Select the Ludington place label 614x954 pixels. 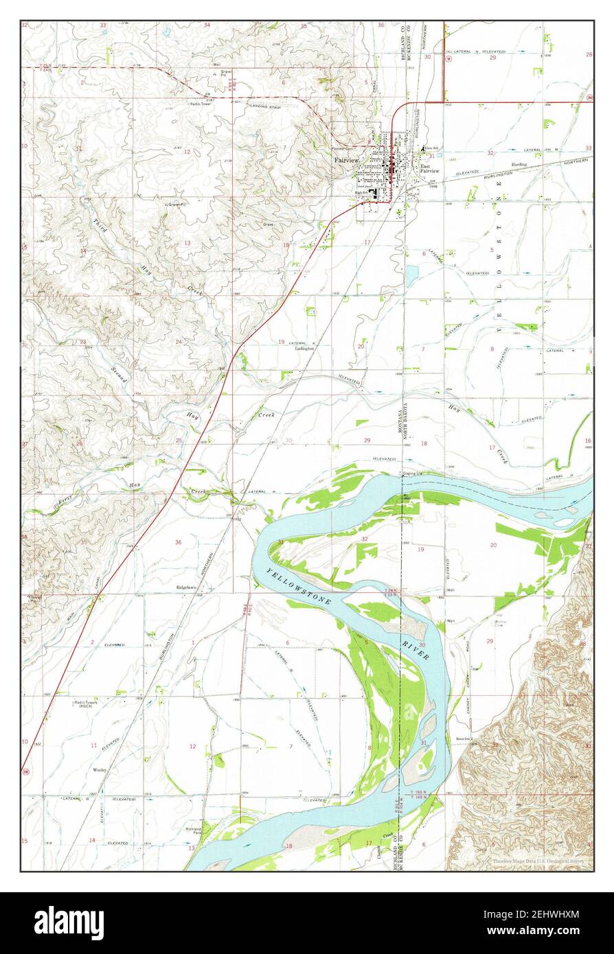tap(304, 349)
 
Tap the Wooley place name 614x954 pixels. tap(100, 770)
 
